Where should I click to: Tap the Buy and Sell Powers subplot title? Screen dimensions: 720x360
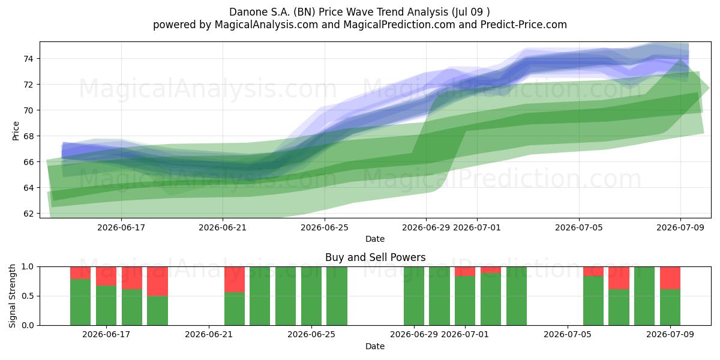pos(375,257)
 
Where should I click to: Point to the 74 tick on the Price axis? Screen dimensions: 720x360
pos(28,59)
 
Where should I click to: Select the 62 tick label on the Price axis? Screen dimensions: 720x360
pos(28,214)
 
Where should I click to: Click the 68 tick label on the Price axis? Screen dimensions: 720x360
pos(28,136)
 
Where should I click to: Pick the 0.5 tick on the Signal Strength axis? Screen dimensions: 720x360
pos(28,296)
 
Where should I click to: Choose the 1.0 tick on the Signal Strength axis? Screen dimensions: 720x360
pos(28,267)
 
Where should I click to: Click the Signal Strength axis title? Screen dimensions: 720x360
pos(12,296)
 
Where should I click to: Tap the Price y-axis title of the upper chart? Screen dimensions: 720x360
pos(16,131)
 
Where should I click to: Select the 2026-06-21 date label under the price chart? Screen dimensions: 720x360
pos(223,227)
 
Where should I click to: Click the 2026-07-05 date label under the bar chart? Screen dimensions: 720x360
pos(568,334)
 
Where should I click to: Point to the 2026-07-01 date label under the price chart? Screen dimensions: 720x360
pos(476,227)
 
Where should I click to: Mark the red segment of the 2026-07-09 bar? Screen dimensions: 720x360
pos(670,278)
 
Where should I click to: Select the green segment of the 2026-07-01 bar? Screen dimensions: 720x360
pos(465,301)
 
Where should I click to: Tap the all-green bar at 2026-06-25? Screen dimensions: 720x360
pos(311,296)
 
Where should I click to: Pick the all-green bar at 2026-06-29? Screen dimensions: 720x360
pos(414,296)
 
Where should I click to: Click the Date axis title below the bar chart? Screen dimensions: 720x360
pos(375,346)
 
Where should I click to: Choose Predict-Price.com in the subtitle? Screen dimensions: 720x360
pos(524,25)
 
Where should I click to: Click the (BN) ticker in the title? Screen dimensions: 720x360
pos(304,12)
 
